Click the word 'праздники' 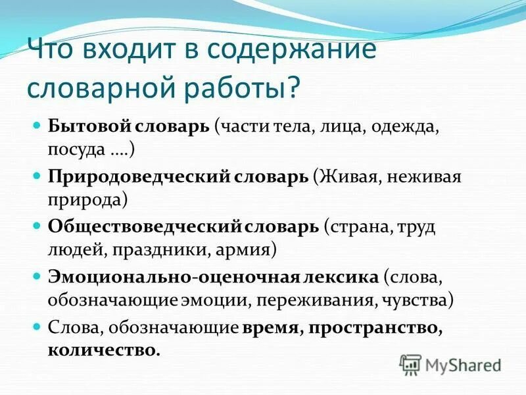[149, 250]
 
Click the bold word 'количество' [103, 350]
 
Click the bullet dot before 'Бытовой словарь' [37, 125]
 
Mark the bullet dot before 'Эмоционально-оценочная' [37, 275]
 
